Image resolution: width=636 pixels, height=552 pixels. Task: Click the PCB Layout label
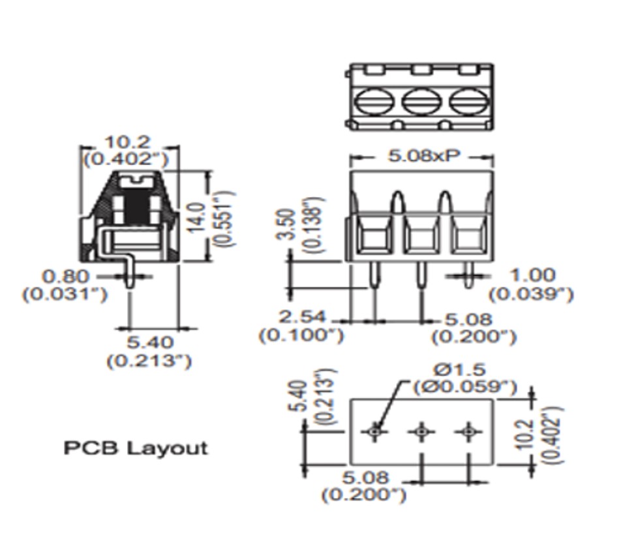click(x=136, y=448)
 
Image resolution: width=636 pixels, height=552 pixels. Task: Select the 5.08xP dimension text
click(x=424, y=156)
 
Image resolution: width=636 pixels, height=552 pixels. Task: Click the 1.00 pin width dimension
click(x=531, y=275)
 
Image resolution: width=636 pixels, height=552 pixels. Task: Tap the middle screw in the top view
click(x=421, y=101)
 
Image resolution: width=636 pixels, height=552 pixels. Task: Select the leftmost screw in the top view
click(x=373, y=101)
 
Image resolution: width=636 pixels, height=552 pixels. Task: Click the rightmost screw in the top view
click(x=468, y=101)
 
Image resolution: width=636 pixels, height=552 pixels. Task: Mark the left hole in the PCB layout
click(x=374, y=431)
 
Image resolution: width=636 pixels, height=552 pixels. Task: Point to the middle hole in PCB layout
click(x=421, y=431)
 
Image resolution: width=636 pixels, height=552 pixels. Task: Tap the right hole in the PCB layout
click(x=468, y=431)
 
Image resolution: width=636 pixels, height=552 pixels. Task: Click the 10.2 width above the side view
click(x=128, y=142)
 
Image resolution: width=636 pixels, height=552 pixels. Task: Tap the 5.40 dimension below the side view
click(x=149, y=342)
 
